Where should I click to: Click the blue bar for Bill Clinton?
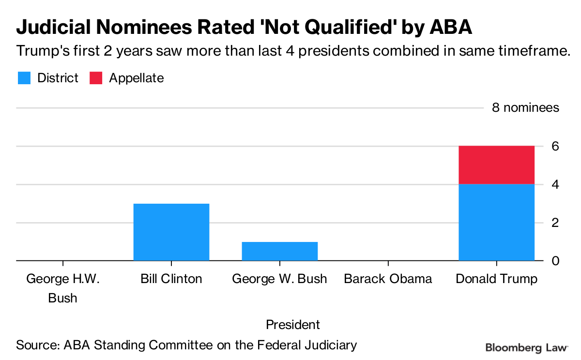click(x=171, y=232)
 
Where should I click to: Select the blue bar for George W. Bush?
click(x=279, y=251)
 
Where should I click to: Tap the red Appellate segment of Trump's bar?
click(x=496, y=165)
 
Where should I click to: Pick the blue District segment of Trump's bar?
click(x=496, y=222)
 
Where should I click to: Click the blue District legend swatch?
click(x=24, y=78)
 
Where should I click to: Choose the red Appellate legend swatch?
click(x=96, y=78)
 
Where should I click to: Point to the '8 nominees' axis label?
click(x=525, y=107)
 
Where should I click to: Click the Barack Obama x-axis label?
click(x=388, y=279)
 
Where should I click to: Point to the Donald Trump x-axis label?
click(x=496, y=279)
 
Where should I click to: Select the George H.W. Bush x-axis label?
click(x=62, y=288)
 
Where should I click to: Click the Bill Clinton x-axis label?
click(x=171, y=279)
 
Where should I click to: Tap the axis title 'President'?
click(x=293, y=324)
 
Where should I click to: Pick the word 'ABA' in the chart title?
click(x=450, y=28)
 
